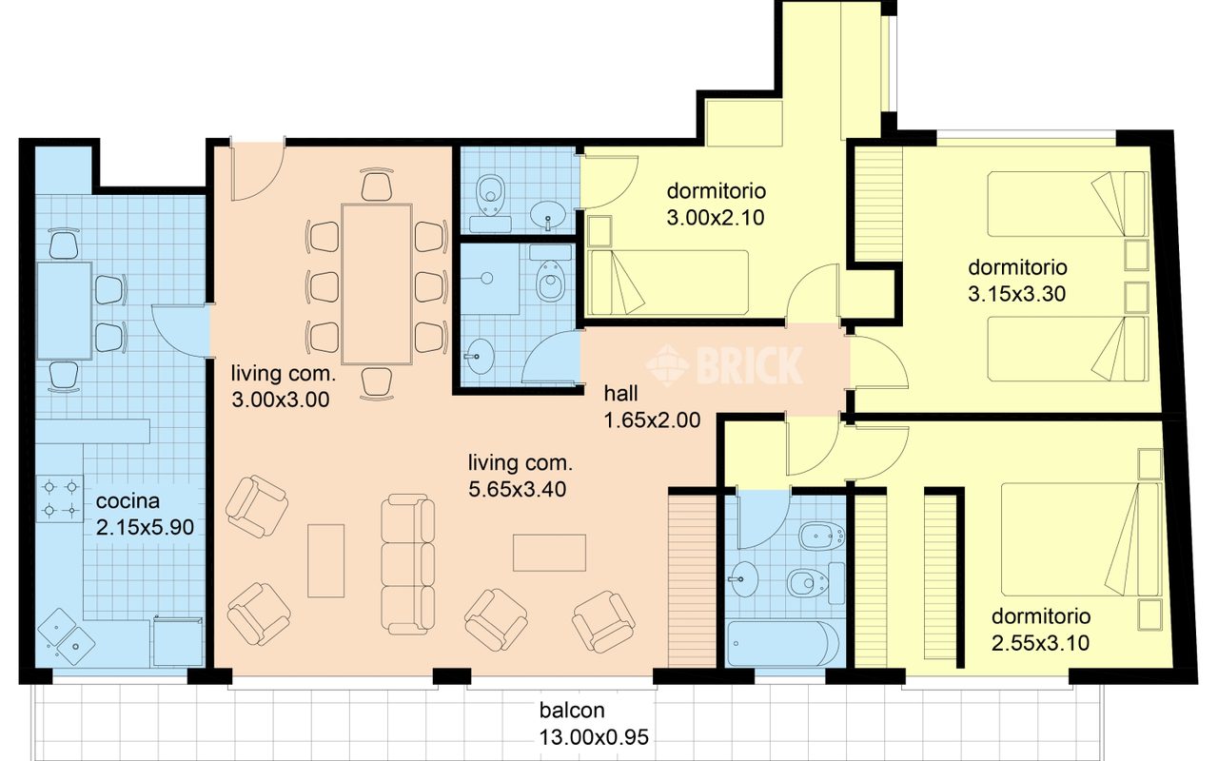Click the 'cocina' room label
click(x=128, y=501)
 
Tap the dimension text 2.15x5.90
click(x=145, y=527)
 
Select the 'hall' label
click(x=621, y=394)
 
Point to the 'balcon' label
click(x=572, y=710)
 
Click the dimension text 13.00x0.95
click(x=594, y=737)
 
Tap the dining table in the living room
click(x=376, y=283)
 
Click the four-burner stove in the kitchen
click(x=60, y=498)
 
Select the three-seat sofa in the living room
click(x=407, y=564)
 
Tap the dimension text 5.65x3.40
click(x=517, y=489)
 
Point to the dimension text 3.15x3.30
click(x=1017, y=294)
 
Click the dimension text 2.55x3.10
click(x=1040, y=643)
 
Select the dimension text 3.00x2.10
click(x=716, y=218)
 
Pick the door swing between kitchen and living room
click(x=180, y=330)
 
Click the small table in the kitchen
click(x=64, y=310)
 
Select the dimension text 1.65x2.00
click(x=652, y=420)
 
